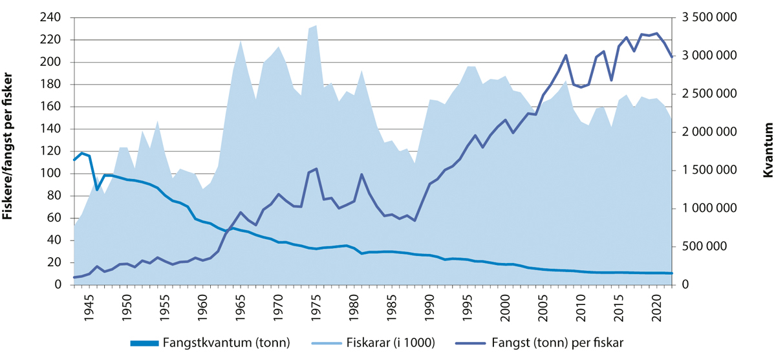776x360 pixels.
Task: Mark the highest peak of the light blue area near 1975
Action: click(x=316, y=25)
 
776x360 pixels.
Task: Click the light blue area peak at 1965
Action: click(x=241, y=40)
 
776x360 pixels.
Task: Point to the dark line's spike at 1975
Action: click(x=316, y=169)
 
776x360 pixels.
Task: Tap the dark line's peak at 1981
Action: click(x=361, y=174)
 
